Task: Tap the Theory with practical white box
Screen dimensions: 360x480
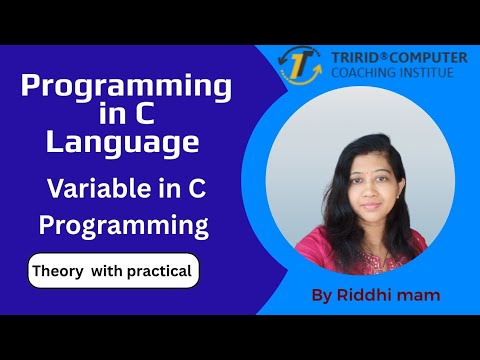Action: [113, 271]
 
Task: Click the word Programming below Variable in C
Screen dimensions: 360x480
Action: [124, 225]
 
